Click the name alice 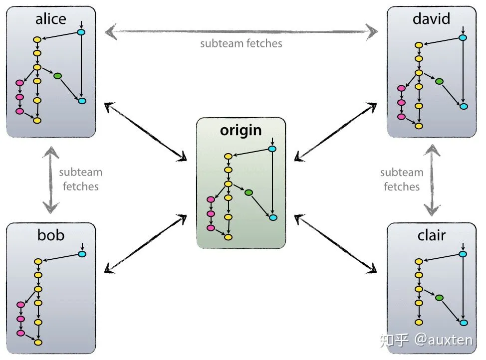click(50, 19)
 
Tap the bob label click(50, 235)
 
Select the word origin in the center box click(241, 130)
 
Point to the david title click(432, 19)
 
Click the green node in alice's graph click(57, 76)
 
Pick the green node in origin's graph click(248, 192)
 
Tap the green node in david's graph click(439, 81)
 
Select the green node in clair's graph click(439, 298)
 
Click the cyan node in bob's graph click(82, 254)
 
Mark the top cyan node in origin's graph click(272, 149)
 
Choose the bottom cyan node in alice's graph click(82, 101)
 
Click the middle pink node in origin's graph click(211, 214)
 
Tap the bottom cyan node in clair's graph click(464, 323)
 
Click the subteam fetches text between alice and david click(241, 43)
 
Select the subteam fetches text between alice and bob click(80, 180)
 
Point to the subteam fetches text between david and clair click(402, 180)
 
